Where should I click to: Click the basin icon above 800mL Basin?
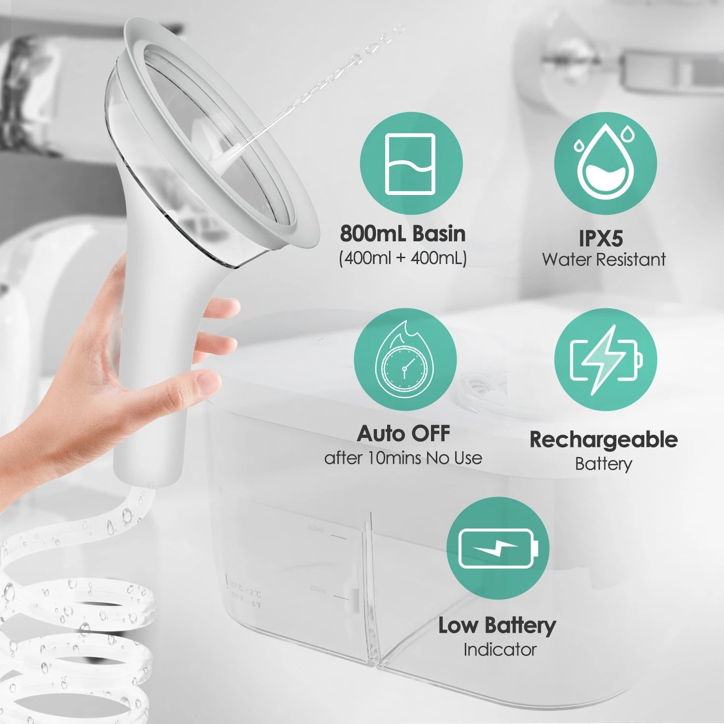411,164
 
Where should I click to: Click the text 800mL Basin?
403,234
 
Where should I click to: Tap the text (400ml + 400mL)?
403,258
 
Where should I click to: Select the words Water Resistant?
603,260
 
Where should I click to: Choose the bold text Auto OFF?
404,433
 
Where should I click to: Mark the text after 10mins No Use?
403,458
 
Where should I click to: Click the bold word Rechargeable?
603,440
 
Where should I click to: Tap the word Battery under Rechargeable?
603,464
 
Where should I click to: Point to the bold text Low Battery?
497,626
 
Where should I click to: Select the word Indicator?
500,650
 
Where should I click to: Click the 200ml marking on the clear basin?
318,590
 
